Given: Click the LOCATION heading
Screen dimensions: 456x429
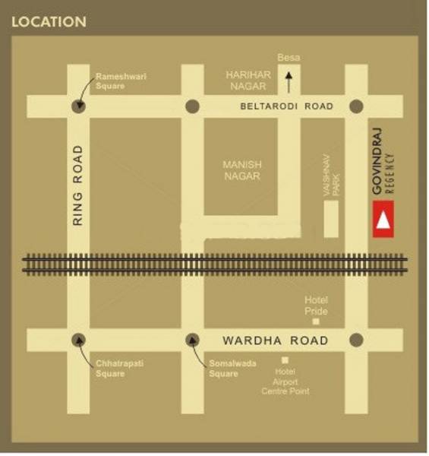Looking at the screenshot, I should [49, 22].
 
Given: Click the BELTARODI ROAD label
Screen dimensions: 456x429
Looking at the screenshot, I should [286, 107].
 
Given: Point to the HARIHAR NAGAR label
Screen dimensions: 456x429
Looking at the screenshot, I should [242, 81].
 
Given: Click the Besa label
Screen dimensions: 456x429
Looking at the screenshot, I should [289, 58].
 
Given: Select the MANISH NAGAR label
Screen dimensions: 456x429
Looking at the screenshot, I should [241, 169].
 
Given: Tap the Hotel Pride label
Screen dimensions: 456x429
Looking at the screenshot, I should [316, 306].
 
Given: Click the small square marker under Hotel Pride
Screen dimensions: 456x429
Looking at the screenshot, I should [317, 321].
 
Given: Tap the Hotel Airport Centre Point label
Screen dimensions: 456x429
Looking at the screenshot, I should [285, 381].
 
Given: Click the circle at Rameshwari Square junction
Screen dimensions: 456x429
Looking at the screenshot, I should [78, 106].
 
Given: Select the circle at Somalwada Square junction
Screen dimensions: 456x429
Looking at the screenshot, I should [193, 340].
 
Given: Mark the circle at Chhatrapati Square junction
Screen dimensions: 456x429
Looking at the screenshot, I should [78, 340].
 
